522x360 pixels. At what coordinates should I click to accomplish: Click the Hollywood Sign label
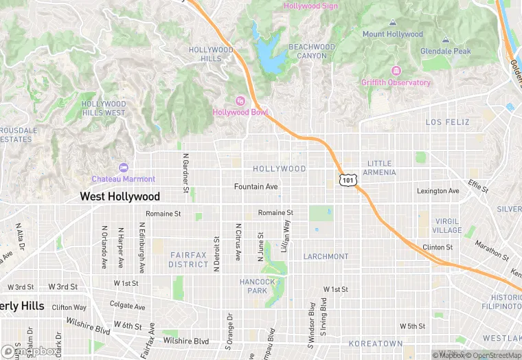pyautogui.click(x=310, y=6)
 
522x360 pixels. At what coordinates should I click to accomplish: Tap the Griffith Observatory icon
pyautogui.click(x=396, y=71)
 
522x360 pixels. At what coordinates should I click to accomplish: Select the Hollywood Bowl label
pyautogui.click(x=240, y=112)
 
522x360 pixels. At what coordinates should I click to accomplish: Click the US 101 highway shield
pyautogui.click(x=348, y=179)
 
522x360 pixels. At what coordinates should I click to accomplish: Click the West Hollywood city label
pyautogui.click(x=120, y=196)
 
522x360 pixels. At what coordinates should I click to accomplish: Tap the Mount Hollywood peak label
pyautogui.click(x=392, y=34)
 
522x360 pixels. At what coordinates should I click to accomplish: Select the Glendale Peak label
pyautogui.click(x=446, y=51)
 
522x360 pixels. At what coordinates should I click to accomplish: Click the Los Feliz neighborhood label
pyautogui.click(x=447, y=122)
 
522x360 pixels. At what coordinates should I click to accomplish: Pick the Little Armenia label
pyautogui.click(x=379, y=168)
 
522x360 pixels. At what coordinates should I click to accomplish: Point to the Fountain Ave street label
pyautogui.click(x=256, y=187)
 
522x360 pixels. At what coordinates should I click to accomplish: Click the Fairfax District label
pyautogui.click(x=189, y=259)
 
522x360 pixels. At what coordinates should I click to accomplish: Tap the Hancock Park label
pyautogui.click(x=258, y=286)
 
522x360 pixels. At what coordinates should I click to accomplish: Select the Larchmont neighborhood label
pyautogui.click(x=326, y=256)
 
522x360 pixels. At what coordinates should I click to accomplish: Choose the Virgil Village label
pyautogui.click(x=447, y=226)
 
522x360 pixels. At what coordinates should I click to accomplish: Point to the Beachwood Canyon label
pyautogui.click(x=312, y=51)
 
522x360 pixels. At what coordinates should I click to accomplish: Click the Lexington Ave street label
pyautogui.click(x=438, y=191)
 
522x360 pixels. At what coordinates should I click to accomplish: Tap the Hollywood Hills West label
pyautogui.click(x=104, y=108)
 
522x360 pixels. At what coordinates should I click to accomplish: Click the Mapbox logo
pyautogui.click(x=30, y=351)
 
